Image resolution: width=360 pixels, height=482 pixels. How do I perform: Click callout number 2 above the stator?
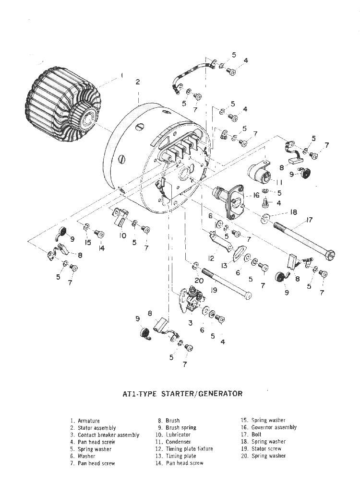click(x=138, y=82)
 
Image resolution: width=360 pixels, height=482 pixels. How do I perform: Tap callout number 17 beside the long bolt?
click(x=309, y=221)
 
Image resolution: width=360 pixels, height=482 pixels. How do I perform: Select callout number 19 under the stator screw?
click(x=215, y=290)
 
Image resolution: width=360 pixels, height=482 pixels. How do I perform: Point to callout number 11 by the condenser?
click(x=279, y=183)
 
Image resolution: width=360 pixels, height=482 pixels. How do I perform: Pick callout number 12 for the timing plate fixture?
click(x=211, y=258)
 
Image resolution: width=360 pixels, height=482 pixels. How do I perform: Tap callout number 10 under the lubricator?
click(x=123, y=235)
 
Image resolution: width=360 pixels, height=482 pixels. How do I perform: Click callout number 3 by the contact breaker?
click(x=191, y=323)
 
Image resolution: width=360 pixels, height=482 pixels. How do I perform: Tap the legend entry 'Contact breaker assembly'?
click(x=108, y=435)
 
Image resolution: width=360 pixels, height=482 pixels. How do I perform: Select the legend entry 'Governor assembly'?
click(x=274, y=427)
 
